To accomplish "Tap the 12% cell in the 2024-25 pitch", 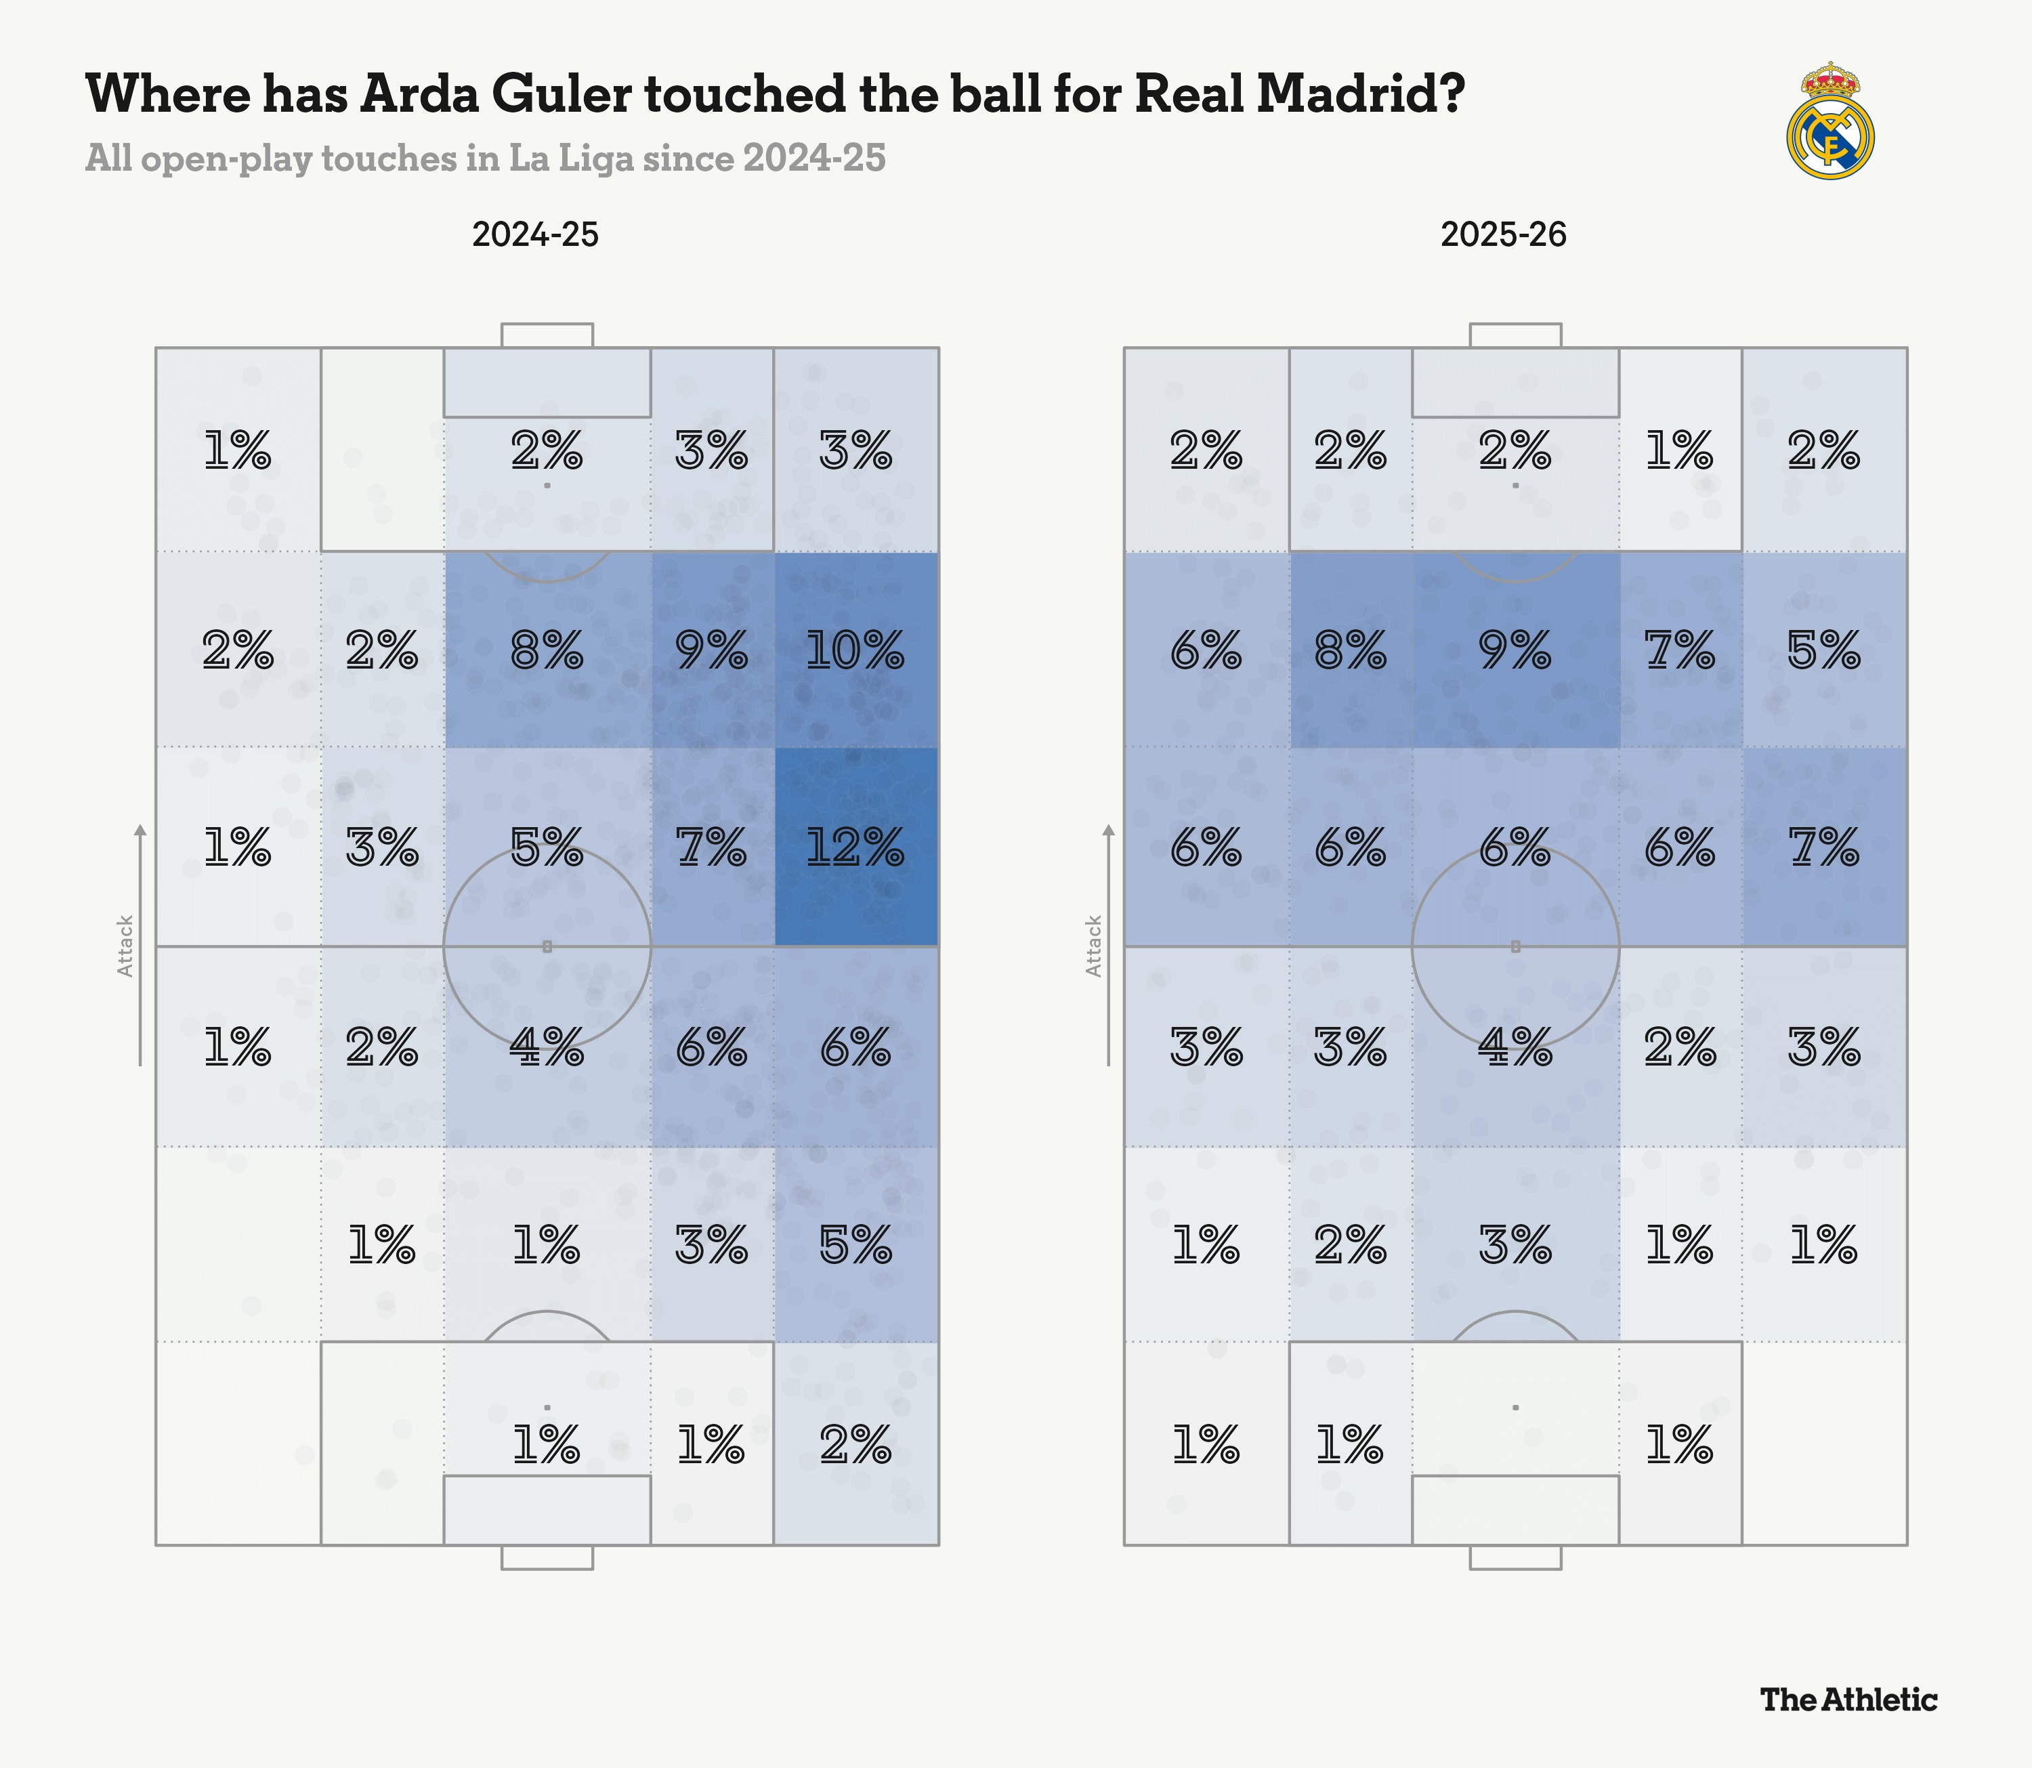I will [855, 847].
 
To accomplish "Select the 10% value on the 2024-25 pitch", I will [855, 651].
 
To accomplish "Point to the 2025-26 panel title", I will [1503, 235].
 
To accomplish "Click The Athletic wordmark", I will [1848, 1699].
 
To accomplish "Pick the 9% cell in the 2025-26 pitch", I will [1515, 651].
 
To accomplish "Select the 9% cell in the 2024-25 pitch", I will [711, 651].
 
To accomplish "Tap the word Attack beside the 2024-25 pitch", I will [125, 946].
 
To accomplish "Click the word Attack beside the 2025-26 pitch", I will [1094, 946].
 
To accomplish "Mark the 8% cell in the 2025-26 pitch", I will [1351, 651].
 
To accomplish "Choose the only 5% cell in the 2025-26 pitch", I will [1824, 651].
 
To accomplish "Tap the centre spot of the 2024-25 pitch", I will [547, 946].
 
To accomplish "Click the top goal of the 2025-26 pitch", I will [1515, 335].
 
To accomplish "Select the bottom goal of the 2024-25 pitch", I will [547, 1557].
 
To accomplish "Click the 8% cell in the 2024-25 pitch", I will [547, 651].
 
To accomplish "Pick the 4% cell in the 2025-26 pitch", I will [1515, 1047].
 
